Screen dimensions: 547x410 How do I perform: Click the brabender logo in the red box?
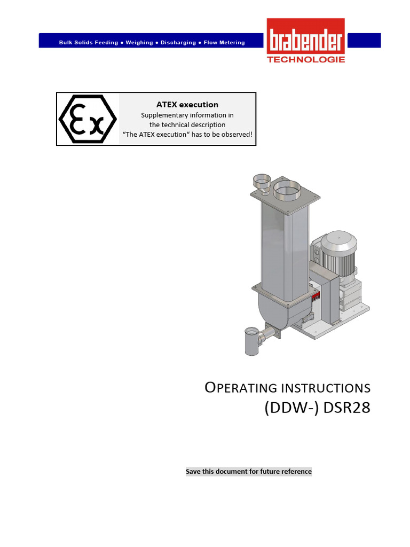[x=306, y=38]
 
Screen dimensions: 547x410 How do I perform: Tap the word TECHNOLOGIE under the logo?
[x=306, y=60]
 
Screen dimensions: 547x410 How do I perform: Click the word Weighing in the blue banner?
[x=139, y=43]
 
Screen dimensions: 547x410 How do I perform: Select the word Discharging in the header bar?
[x=178, y=43]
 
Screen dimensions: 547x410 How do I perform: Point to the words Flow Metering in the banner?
[x=224, y=43]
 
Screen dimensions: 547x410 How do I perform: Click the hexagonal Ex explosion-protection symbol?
[x=88, y=119]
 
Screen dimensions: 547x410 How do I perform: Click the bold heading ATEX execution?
[x=187, y=105]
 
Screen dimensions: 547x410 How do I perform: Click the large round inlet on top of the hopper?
[x=287, y=189]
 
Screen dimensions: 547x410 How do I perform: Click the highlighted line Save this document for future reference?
[x=248, y=472]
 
